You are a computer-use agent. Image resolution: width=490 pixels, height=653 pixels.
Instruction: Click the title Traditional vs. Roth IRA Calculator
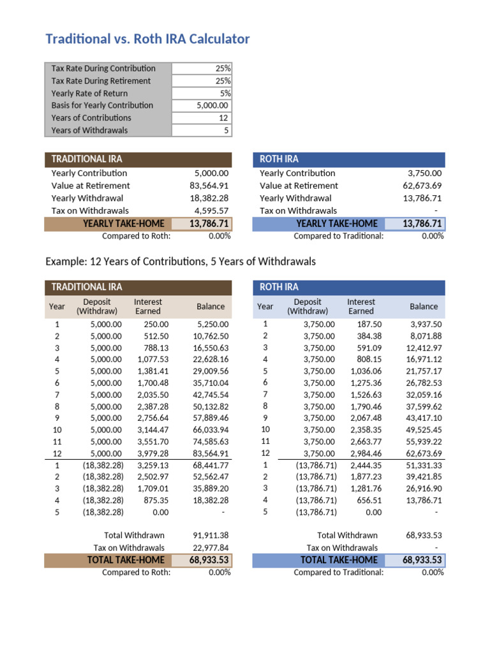tap(147, 40)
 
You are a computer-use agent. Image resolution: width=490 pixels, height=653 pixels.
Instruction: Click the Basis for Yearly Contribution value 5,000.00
tap(213, 105)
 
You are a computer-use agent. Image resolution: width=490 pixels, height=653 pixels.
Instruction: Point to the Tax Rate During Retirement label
tap(101, 81)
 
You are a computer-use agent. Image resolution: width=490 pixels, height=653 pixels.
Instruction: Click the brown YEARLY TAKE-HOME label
tap(123, 223)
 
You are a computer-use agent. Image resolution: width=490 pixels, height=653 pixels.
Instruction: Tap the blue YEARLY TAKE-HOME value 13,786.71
tap(422, 223)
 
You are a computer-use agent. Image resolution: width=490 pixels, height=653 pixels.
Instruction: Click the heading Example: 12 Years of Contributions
tap(181, 262)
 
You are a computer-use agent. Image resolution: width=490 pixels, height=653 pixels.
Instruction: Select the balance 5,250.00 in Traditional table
tap(213, 325)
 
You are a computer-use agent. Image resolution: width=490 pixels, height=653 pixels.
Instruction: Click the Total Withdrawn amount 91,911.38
tap(211, 536)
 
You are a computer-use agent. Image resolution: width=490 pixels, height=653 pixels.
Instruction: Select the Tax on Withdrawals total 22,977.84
tap(211, 548)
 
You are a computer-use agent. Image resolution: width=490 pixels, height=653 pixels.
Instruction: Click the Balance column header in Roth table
tap(424, 307)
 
